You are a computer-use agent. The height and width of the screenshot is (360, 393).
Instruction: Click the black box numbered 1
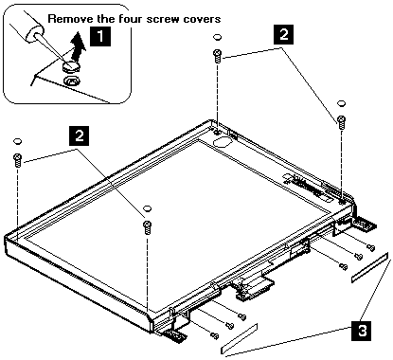[x=100, y=36]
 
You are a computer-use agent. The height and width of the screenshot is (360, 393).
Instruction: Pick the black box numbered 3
[x=363, y=331]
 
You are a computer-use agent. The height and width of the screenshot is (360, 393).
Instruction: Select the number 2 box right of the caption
[x=284, y=34]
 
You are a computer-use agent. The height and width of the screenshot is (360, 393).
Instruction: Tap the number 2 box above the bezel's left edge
[x=79, y=135]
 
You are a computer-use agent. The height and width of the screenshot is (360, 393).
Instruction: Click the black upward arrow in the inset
[x=78, y=46]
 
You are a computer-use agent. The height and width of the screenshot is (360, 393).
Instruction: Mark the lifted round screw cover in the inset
[x=71, y=66]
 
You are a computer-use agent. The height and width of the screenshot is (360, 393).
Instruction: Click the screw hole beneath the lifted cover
[x=72, y=81]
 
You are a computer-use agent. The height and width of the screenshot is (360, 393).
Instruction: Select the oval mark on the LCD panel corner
[x=223, y=141]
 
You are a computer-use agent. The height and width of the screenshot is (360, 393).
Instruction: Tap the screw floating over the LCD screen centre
[x=147, y=227]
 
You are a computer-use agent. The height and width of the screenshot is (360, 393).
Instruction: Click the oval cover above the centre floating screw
[x=147, y=208]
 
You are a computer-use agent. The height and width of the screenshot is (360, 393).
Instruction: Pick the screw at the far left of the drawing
[x=17, y=160]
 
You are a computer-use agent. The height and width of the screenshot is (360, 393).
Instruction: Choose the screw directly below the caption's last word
[x=218, y=56]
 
